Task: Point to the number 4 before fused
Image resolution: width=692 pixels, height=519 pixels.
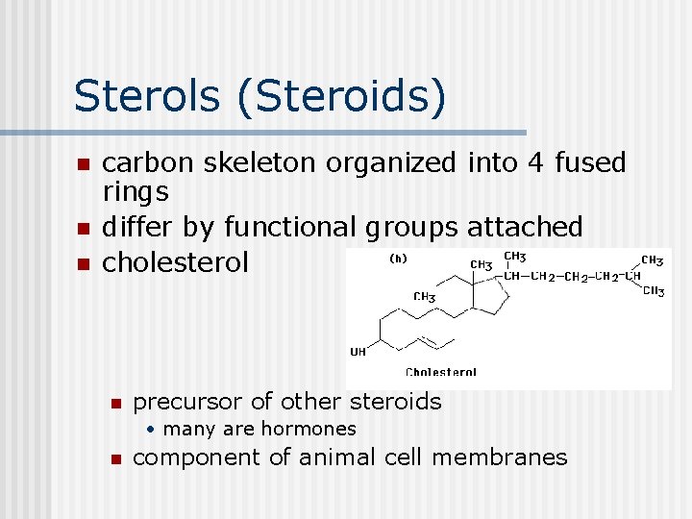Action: pyautogui.click(x=534, y=163)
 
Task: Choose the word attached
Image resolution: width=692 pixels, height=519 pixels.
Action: pyautogui.click(x=525, y=228)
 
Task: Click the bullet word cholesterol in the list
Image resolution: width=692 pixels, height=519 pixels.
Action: pyautogui.click(x=174, y=261)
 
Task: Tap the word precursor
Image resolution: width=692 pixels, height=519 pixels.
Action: pyautogui.click(x=184, y=402)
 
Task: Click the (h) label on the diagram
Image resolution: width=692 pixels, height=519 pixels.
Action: pyautogui.click(x=397, y=258)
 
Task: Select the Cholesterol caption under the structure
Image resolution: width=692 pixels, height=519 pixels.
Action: pyautogui.click(x=440, y=372)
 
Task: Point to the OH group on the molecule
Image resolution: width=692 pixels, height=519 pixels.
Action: pyautogui.click(x=358, y=352)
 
